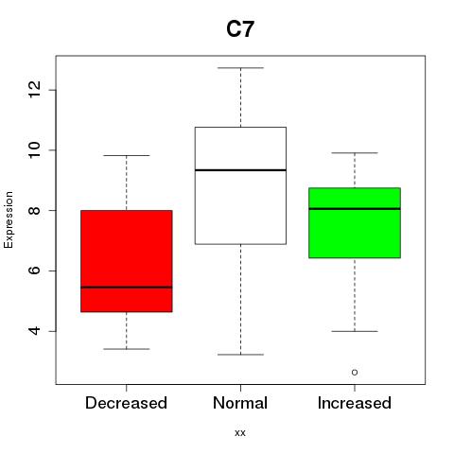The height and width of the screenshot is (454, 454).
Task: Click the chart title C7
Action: [240, 29]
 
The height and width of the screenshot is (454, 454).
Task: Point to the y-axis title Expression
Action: [9, 219]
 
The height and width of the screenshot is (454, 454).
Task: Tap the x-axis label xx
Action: [240, 433]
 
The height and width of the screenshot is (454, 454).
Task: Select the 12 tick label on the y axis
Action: [35, 90]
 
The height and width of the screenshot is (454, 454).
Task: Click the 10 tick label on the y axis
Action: [35, 150]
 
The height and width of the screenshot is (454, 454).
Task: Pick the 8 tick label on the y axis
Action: [35, 210]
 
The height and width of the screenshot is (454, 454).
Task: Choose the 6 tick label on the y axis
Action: [35, 271]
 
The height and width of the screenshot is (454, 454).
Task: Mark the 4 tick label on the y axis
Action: [35, 331]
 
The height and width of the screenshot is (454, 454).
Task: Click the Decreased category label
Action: [126, 403]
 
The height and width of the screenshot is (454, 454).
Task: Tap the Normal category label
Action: [240, 403]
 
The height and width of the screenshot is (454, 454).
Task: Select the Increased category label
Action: [355, 403]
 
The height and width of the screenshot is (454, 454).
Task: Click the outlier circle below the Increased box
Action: [355, 373]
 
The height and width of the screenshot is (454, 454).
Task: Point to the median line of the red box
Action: [127, 288]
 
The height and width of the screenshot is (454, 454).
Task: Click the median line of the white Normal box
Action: [240, 170]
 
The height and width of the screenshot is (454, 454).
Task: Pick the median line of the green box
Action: [355, 209]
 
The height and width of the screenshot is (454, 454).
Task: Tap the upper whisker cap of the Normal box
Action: [240, 68]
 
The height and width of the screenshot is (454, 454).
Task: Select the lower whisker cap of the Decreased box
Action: [127, 349]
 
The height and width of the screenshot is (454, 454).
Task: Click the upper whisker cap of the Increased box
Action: [355, 153]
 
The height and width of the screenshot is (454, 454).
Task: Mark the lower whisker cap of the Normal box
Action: [240, 355]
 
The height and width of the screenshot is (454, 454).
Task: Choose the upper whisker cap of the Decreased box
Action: [127, 155]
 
